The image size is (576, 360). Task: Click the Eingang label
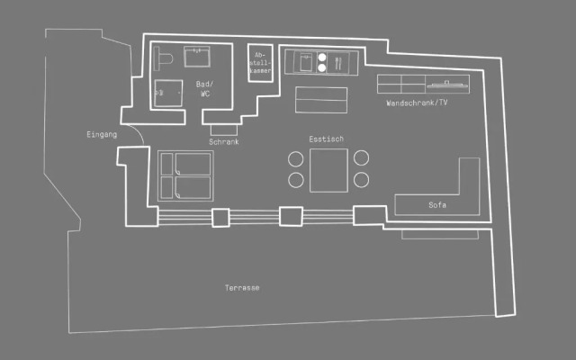[102, 134]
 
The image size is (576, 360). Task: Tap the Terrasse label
[242, 288]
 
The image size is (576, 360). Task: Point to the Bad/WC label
[204, 89]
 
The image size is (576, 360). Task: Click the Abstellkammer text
[260, 63]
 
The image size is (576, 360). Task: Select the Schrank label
[224, 142]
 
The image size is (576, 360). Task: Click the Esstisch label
[326, 139]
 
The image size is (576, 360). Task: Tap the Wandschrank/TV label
[417, 103]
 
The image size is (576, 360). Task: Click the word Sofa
[437, 205]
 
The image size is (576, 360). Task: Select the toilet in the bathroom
[163, 58]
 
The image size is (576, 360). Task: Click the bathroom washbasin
[197, 57]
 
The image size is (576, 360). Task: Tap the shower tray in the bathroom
[168, 94]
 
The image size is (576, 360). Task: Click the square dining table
[328, 170]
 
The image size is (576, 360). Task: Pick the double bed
[185, 176]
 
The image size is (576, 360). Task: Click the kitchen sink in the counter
[306, 62]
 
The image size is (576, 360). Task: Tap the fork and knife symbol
[338, 63]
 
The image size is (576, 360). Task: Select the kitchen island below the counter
[321, 100]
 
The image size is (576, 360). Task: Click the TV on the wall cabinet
[447, 85]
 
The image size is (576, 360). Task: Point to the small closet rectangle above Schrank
[224, 130]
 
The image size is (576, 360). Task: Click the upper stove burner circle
[322, 58]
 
